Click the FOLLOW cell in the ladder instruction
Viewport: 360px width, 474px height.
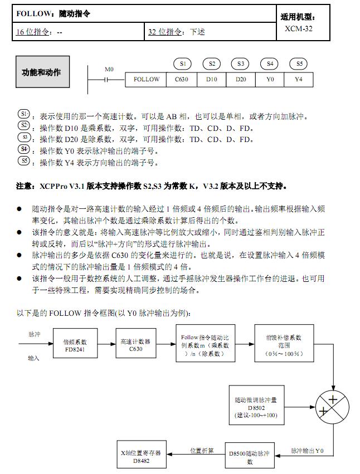147,80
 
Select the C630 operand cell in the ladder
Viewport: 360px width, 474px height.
182,80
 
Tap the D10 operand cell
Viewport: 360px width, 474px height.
211,80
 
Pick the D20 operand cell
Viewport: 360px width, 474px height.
241,80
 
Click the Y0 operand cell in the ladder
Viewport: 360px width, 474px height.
270,80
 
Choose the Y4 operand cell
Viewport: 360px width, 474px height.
299,80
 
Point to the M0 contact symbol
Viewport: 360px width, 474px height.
109,80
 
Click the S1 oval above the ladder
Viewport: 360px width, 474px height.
182,64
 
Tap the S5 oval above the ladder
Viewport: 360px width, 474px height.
299,64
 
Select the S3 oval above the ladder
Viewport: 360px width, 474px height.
241,64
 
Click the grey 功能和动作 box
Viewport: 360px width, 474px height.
42,72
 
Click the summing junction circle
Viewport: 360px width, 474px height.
333,405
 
